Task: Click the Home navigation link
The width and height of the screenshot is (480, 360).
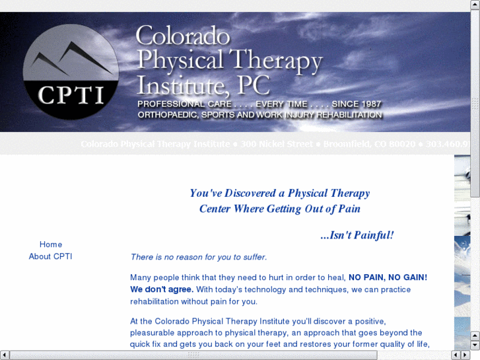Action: coord(51,244)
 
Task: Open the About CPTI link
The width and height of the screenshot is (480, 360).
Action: coord(50,256)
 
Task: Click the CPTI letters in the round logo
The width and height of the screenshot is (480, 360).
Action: coord(71,95)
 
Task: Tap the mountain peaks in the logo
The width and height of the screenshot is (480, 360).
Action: coord(71,57)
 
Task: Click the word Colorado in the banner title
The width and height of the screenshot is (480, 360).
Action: coord(183,36)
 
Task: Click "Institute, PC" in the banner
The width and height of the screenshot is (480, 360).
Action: coord(203,85)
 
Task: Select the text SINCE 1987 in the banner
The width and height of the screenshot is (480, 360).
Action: coord(357,104)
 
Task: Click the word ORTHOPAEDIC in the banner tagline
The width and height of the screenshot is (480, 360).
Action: coord(168,115)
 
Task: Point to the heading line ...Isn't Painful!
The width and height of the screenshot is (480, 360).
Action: coord(357,234)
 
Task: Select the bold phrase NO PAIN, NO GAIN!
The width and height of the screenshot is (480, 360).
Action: coord(388,277)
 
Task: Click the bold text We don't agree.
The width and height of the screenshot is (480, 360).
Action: coord(162,289)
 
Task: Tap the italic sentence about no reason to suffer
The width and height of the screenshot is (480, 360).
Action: coord(198,257)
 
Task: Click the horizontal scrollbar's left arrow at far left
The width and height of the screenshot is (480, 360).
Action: coord(4,355)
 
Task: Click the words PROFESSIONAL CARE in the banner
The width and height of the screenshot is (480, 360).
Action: coord(184,104)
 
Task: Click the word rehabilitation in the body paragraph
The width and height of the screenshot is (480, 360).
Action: coord(158,301)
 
